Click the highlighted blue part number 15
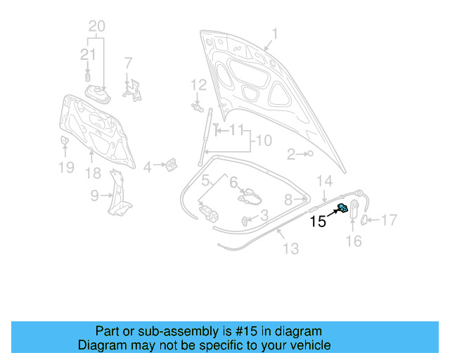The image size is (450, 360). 343,208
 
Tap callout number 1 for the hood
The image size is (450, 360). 275,34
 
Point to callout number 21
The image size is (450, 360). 87,54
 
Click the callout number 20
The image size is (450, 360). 96,27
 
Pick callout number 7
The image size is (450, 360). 128,63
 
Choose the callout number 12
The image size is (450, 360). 198,84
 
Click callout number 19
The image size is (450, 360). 65,167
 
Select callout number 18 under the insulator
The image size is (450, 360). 93,173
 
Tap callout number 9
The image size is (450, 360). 94,197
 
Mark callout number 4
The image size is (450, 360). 147,167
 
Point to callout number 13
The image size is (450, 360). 290,248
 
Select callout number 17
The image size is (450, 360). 389,220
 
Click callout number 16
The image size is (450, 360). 354,241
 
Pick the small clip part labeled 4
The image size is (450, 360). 169,165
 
